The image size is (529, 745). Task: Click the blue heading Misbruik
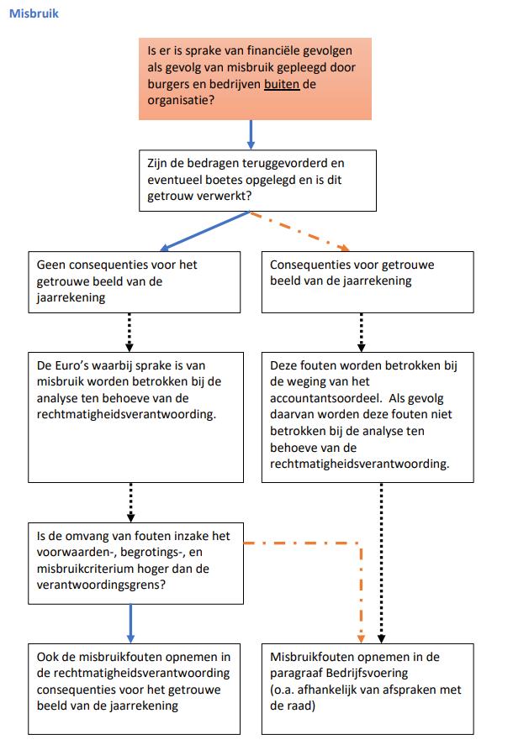tap(34, 14)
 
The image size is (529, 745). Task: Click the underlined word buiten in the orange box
tap(282, 84)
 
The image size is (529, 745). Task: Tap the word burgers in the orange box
tap(167, 84)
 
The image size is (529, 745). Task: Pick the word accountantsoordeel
tap(326, 398)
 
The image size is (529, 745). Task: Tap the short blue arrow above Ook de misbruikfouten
tap(130, 622)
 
